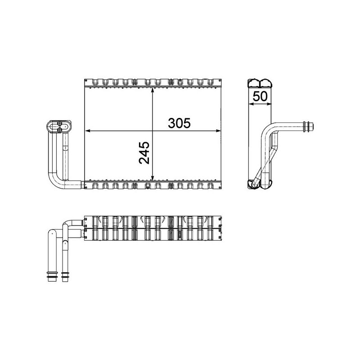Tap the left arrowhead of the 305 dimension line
[87, 131]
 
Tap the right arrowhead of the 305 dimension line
[220, 131]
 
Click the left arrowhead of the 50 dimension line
[251, 104]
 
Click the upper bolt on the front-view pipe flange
[59, 123]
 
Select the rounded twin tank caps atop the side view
[261, 83]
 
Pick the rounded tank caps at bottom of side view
[261, 184]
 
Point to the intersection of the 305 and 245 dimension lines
[153, 131]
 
